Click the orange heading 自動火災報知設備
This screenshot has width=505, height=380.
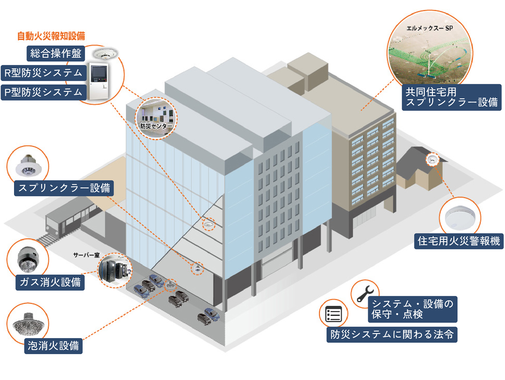51,36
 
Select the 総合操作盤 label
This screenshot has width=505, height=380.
56,53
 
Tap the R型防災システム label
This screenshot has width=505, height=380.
44,73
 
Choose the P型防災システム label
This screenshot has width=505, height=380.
44,92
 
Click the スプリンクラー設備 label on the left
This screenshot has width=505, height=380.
64,188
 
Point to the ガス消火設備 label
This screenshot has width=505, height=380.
50,282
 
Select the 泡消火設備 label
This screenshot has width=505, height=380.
53,346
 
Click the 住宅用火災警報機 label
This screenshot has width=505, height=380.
459,241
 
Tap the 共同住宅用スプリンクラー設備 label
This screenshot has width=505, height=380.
452,97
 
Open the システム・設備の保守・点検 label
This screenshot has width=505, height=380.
413,309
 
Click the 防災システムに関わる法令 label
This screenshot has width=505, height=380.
392,334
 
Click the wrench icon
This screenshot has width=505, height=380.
365,294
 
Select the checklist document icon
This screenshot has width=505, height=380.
333,314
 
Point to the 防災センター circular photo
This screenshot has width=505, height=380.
156,118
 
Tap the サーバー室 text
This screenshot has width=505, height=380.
86,255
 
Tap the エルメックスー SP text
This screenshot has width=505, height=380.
429,28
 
